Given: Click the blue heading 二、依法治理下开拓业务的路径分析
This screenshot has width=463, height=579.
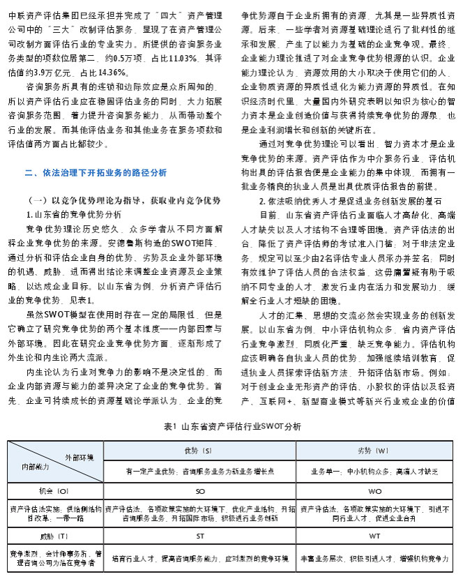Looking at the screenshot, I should coord(96,172).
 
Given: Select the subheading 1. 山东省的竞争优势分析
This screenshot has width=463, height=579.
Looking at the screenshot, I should coord(74,214).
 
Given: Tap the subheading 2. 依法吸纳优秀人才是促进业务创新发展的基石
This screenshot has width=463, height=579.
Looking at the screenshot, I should coord(330,200).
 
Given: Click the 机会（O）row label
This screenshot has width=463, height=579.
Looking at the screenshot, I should coord(55,492).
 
